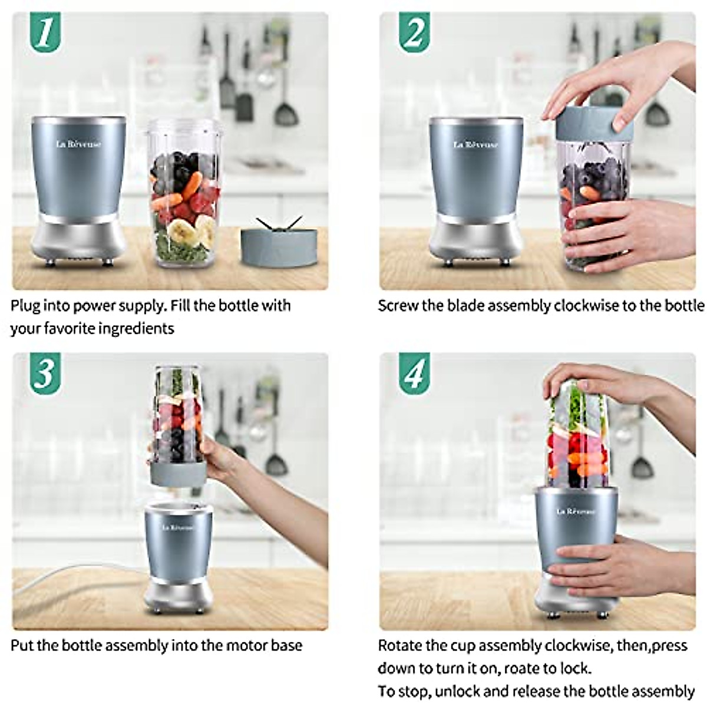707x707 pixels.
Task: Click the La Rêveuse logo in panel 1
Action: pos(79,144)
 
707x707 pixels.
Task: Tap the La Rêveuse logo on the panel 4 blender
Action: pos(576,512)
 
